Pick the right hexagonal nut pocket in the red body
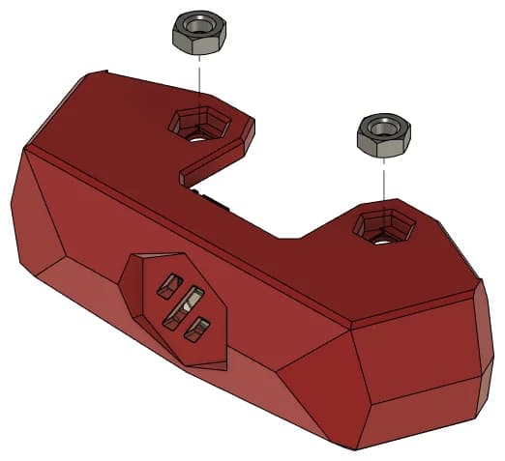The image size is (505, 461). coord(384,228)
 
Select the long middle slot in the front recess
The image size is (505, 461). coord(185,308)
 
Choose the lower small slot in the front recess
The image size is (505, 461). coord(200,329)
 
